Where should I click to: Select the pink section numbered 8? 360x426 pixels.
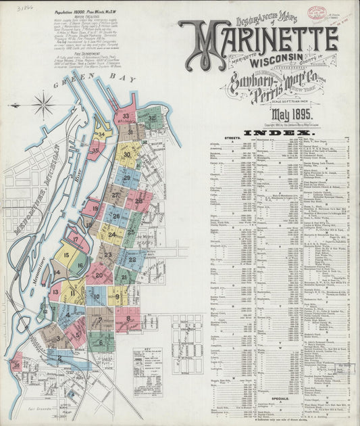(x=128, y=318)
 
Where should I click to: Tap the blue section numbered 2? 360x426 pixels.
(x=59, y=358)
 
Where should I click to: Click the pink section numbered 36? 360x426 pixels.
(x=16, y=364)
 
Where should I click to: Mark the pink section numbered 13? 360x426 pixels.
(x=55, y=292)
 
